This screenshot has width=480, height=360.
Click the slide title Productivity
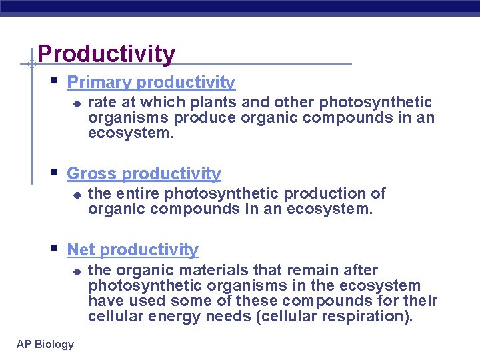[x=107, y=53]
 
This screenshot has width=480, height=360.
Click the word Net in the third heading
[x=81, y=250]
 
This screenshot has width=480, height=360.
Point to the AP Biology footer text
[x=45, y=344]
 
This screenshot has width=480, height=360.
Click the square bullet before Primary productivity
[x=54, y=82]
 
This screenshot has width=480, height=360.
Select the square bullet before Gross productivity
[x=54, y=173]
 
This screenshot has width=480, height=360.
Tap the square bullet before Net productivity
[x=54, y=249]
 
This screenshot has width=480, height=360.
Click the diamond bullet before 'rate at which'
[x=77, y=104]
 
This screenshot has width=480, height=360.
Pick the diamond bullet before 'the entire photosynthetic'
[x=77, y=195]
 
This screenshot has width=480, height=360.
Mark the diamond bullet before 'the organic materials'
[x=77, y=272]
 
